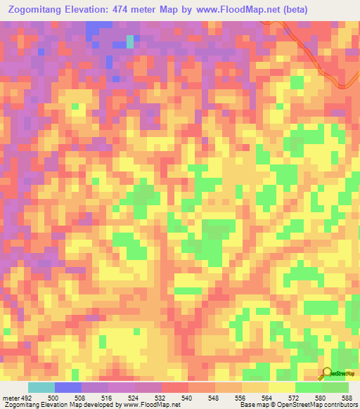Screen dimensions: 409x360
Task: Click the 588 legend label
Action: click(347, 398)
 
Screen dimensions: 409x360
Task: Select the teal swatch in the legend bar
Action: click(41, 387)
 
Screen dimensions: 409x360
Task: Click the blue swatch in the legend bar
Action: click(68, 387)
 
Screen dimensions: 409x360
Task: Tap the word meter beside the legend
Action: click(11, 398)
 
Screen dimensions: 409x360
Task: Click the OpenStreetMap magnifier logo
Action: click(327, 372)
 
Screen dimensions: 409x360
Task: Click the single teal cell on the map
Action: click(129, 41)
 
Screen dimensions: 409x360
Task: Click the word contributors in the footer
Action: click(337, 405)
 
